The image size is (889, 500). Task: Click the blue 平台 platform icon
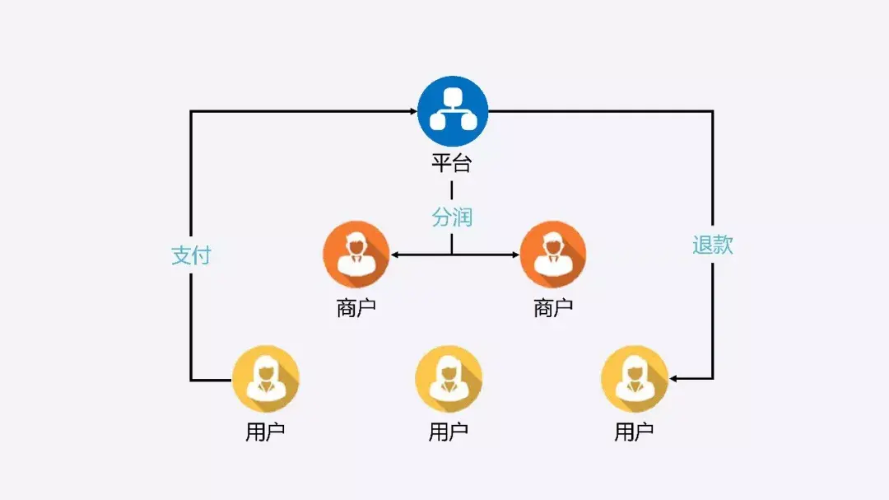452,111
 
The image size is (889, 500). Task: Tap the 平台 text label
451,163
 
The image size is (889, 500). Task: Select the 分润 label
452,217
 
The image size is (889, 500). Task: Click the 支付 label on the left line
191,255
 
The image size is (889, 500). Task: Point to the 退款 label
712,245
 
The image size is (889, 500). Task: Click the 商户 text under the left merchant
356,308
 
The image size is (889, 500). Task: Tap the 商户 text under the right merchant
553,308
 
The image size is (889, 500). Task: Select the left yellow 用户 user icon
265,379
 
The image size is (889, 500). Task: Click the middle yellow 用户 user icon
449,379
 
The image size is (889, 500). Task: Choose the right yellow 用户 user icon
634,379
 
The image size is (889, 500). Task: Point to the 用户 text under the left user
265,432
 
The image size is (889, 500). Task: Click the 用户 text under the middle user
449,432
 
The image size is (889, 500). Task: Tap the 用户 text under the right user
634,432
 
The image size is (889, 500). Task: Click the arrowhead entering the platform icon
412,111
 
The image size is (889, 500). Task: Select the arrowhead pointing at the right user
675,379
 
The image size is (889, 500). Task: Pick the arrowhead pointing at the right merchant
514,255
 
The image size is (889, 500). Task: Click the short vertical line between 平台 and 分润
451,190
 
